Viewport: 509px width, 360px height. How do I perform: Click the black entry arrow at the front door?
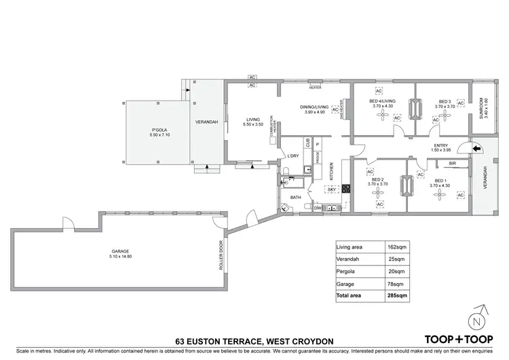click(476, 147)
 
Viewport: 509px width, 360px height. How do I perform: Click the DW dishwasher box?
click(318, 208)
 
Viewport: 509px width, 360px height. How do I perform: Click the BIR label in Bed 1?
click(452, 164)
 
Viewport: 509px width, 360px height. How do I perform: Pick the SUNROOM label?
click(482, 108)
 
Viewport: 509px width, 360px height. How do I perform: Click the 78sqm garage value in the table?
click(396, 284)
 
